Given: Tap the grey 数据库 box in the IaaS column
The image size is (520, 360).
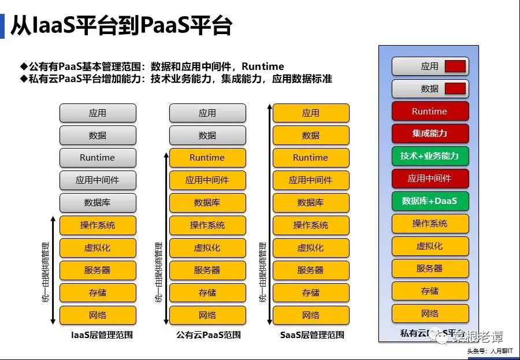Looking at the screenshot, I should pyautogui.click(x=98, y=203).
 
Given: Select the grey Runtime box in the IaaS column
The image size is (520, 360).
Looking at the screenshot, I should pyautogui.click(x=98, y=158).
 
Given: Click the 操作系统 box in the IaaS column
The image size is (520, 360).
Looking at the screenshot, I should pyautogui.click(x=98, y=225).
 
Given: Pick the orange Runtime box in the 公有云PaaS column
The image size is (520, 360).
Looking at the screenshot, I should pyautogui.click(x=207, y=158).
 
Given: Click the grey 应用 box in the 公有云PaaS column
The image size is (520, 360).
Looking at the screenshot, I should pyautogui.click(x=207, y=113).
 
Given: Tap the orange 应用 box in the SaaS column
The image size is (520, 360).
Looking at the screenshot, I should pyautogui.click(x=311, y=113).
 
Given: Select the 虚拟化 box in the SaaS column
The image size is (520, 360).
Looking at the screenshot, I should pyautogui.click(x=311, y=248).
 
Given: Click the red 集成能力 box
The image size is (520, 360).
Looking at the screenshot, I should pyautogui.click(x=430, y=133).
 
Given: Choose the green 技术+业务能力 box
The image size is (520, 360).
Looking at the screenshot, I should pyautogui.click(x=430, y=156).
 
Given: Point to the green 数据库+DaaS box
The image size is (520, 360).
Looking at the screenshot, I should pyautogui.click(x=430, y=201).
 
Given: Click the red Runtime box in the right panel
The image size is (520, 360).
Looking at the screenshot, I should pyautogui.click(x=430, y=112).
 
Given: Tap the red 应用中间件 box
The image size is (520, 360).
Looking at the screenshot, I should pyautogui.click(x=430, y=179).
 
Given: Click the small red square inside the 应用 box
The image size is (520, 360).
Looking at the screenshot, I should pyautogui.click(x=455, y=66).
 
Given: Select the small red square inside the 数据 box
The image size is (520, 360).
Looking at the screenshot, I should pyautogui.click(x=455, y=89).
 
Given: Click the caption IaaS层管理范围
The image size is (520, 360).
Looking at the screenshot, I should pyautogui.click(x=102, y=335).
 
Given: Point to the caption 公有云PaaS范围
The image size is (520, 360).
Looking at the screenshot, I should pyautogui.click(x=209, y=335).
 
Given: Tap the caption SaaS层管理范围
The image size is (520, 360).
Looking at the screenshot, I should pyautogui.click(x=312, y=335).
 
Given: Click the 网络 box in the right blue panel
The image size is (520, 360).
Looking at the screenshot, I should pyautogui.click(x=430, y=314).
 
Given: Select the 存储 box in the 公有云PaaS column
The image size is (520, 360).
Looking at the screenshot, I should pyautogui.click(x=207, y=293).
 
